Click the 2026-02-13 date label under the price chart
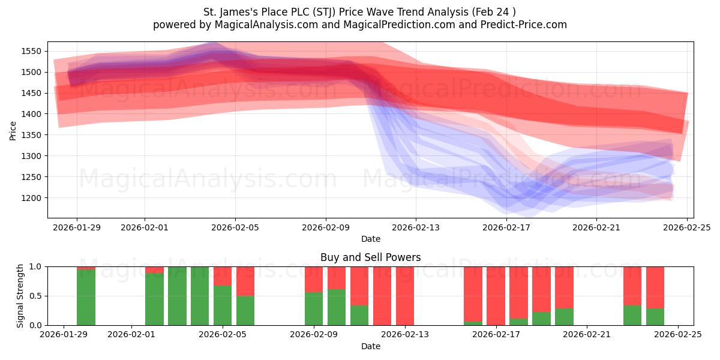tap(416, 228)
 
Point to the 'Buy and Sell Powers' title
tap(370, 257)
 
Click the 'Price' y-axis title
tap(13, 130)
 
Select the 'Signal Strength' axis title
tap(20, 296)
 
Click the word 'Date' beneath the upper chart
tap(370, 239)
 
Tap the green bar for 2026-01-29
tap(86, 298)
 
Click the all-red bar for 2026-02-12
tap(382, 296)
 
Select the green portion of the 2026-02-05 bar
tap(223, 305)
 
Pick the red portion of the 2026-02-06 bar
tap(245, 281)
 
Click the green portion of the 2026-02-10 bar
tap(337, 307)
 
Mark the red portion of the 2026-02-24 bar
tap(655, 287)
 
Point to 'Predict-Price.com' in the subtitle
tap(527, 25)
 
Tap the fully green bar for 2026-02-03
tap(177, 296)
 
